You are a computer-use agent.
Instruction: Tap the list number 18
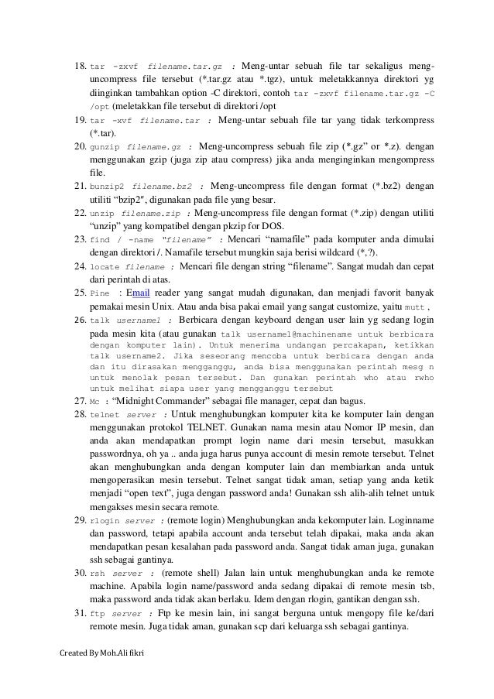tap(78, 45)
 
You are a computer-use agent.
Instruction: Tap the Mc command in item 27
tap(94, 401)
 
